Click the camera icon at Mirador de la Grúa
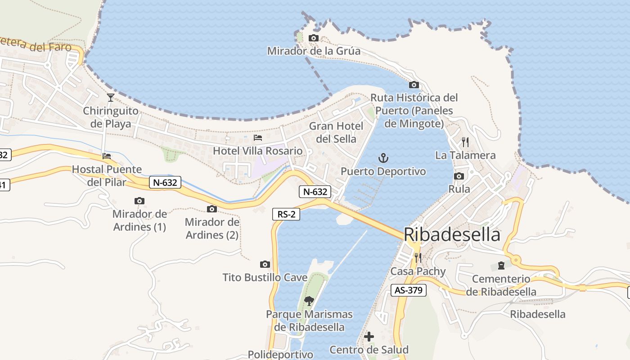coord(314,38)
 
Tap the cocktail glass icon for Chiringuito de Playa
coord(110,97)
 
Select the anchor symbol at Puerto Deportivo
coord(383,158)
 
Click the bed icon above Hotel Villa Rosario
coord(258,137)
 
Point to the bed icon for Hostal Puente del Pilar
coord(107,156)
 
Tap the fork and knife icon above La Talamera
coord(465,142)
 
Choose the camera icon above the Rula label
coord(459,176)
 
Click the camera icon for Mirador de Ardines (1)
coord(139,201)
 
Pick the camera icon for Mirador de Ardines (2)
coord(212,209)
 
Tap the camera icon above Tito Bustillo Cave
coord(265,264)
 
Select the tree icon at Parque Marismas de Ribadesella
coord(309,301)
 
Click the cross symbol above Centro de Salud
coord(369,337)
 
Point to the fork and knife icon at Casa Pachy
coord(418,258)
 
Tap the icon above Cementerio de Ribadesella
coord(501,265)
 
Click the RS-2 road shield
coord(286,214)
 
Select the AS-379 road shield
coord(408,290)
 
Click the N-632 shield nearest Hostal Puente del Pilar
coord(165,182)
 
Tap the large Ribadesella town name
coord(452,234)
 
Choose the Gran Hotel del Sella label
coord(336,132)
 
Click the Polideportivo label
coord(280,355)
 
